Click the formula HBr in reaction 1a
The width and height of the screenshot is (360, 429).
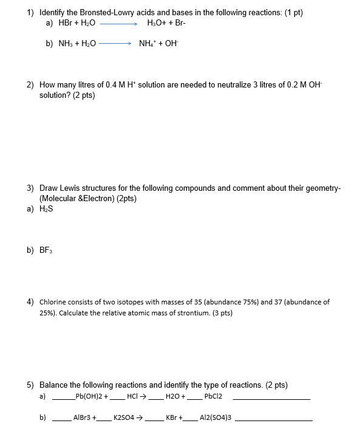(65, 23)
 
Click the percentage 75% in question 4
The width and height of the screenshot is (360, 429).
(233, 302)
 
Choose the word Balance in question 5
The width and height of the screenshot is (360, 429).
(54, 385)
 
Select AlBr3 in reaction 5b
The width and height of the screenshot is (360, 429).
(83, 418)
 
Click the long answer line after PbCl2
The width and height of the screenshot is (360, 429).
(271, 399)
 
